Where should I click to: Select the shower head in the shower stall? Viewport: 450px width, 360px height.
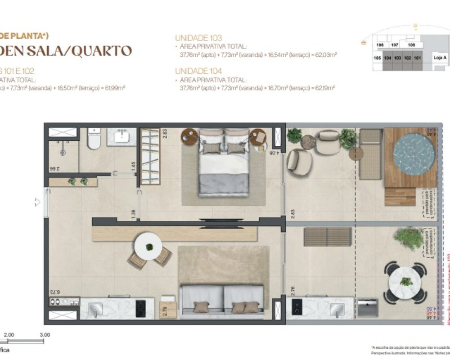click(x=62, y=152)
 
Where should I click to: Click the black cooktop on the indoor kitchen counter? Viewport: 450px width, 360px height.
click(x=141, y=308)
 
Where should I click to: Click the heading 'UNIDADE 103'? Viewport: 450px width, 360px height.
click(x=198, y=38)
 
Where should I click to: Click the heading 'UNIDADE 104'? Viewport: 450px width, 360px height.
click(x=198, y=71)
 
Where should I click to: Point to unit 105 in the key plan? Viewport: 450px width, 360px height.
click(x=377, y=58)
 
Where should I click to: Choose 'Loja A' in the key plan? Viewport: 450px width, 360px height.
click(x=440, y=58)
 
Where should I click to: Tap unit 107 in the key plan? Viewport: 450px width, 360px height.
click(x=395, y=45)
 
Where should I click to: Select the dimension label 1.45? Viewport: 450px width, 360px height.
click(x=133, y=165)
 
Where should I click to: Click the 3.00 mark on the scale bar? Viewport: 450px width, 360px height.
click(x=45, y=335)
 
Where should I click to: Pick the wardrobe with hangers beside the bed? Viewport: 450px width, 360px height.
click(x=150, y=156)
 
